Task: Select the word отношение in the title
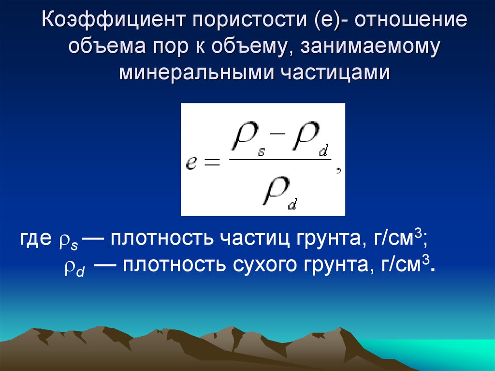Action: pyautogui.click(x=411, y=20)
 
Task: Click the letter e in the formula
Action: pyautogui.click(x=191, y=163)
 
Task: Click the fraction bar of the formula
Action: pyautogui.click(x=280, y=159)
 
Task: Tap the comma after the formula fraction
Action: pyautogui.click(x=339, y=171)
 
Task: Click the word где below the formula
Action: pyautogui.click(x=36, y=239)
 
